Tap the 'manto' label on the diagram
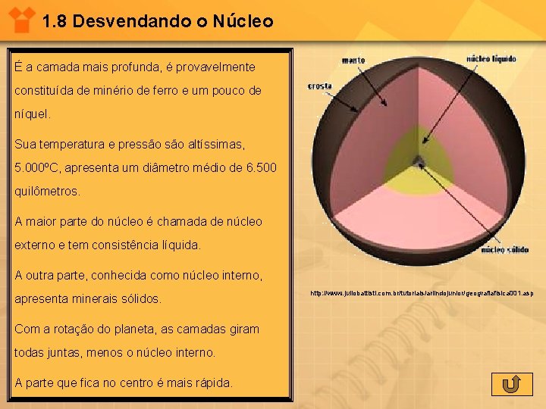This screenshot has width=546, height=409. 353,59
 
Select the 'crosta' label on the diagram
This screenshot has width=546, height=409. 320,86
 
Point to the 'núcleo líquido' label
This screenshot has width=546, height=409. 491,58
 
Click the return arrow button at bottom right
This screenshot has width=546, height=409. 511,384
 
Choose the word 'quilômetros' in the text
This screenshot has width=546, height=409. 46,192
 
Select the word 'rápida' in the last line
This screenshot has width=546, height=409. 212,382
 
